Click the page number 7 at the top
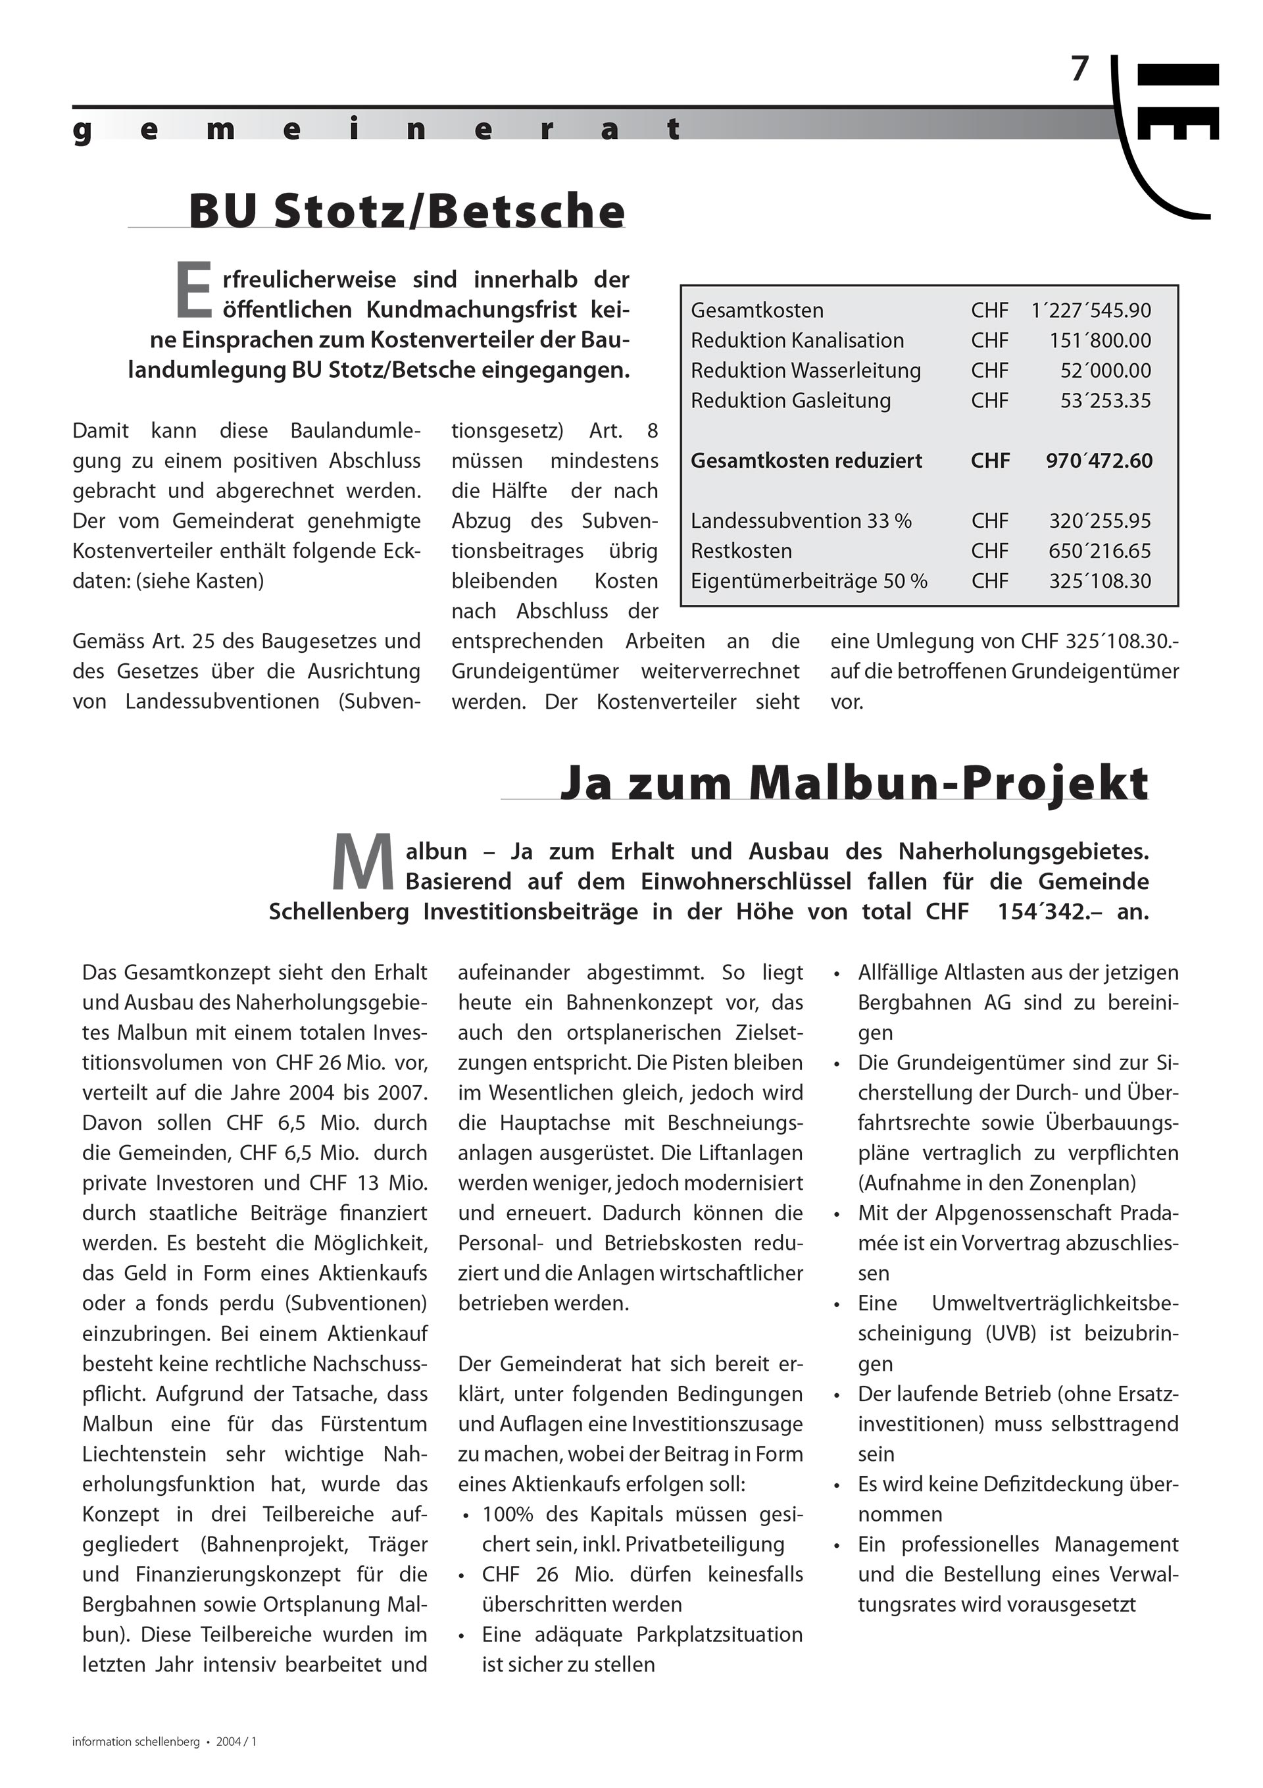point(1079,70)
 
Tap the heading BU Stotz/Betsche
point(407,211)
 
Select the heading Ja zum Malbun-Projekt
point(854,782)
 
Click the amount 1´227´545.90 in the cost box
point(1090,310)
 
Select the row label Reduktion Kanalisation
point(797,340)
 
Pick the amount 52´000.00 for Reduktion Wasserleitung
point(1105,370)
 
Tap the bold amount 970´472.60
point(1099,461)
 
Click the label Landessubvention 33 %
point(801,521)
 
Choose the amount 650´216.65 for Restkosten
point(1099,551)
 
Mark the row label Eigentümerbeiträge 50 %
point(808,581)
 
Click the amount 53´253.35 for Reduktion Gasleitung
point(1105,400)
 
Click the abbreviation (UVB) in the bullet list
point(1010,1333)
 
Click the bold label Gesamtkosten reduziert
point(806,461)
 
